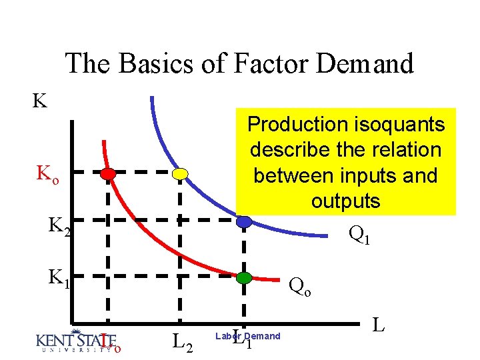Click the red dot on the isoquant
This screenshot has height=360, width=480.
point(108,174)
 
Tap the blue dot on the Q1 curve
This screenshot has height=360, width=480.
point(245,221)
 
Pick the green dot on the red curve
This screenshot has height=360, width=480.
point(245,277)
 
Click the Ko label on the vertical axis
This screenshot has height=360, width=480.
point(47,177)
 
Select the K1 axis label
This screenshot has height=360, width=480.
point(59,277)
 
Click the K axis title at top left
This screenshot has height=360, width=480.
point(40,101)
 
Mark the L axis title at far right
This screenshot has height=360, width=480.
point(379,325)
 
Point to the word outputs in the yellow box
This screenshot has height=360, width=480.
point(345,201)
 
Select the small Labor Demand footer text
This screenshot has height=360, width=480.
point(247,336)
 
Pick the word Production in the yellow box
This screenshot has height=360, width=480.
point(297,124)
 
